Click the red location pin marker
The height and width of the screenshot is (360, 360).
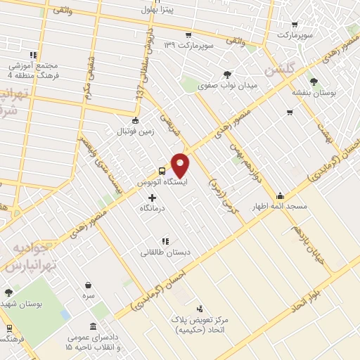(181, 165)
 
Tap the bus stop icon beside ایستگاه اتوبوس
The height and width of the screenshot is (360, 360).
(162, 171)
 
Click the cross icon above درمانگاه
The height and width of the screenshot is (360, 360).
(152, 198)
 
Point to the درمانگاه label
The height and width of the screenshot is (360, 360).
(152, 208)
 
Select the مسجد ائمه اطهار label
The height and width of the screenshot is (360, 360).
(281, 206)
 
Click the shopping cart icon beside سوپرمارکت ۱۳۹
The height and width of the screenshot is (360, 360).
(188, 35)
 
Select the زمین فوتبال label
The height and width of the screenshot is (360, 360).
(136, 130)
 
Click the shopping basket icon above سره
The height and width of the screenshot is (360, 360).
(89, 285)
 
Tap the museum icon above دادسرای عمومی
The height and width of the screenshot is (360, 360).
(94, 326)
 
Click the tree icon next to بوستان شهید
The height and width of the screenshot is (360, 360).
(8, 292)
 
